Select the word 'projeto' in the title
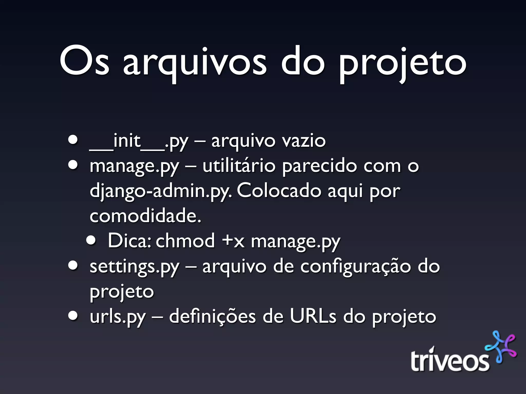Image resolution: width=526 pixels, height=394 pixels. (x=402, y=64)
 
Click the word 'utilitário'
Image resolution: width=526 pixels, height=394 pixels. (x=239, y=166)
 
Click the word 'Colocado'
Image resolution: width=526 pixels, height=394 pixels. (x=279, y=191)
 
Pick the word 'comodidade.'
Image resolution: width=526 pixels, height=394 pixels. (x=145, y=216)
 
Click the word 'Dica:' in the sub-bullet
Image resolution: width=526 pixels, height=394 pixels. (x=129, y=241)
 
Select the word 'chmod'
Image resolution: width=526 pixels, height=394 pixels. (x=185, y=241)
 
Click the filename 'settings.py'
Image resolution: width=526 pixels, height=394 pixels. (x=134, y=267)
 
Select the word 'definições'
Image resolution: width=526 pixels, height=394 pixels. (x=212, y=317)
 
